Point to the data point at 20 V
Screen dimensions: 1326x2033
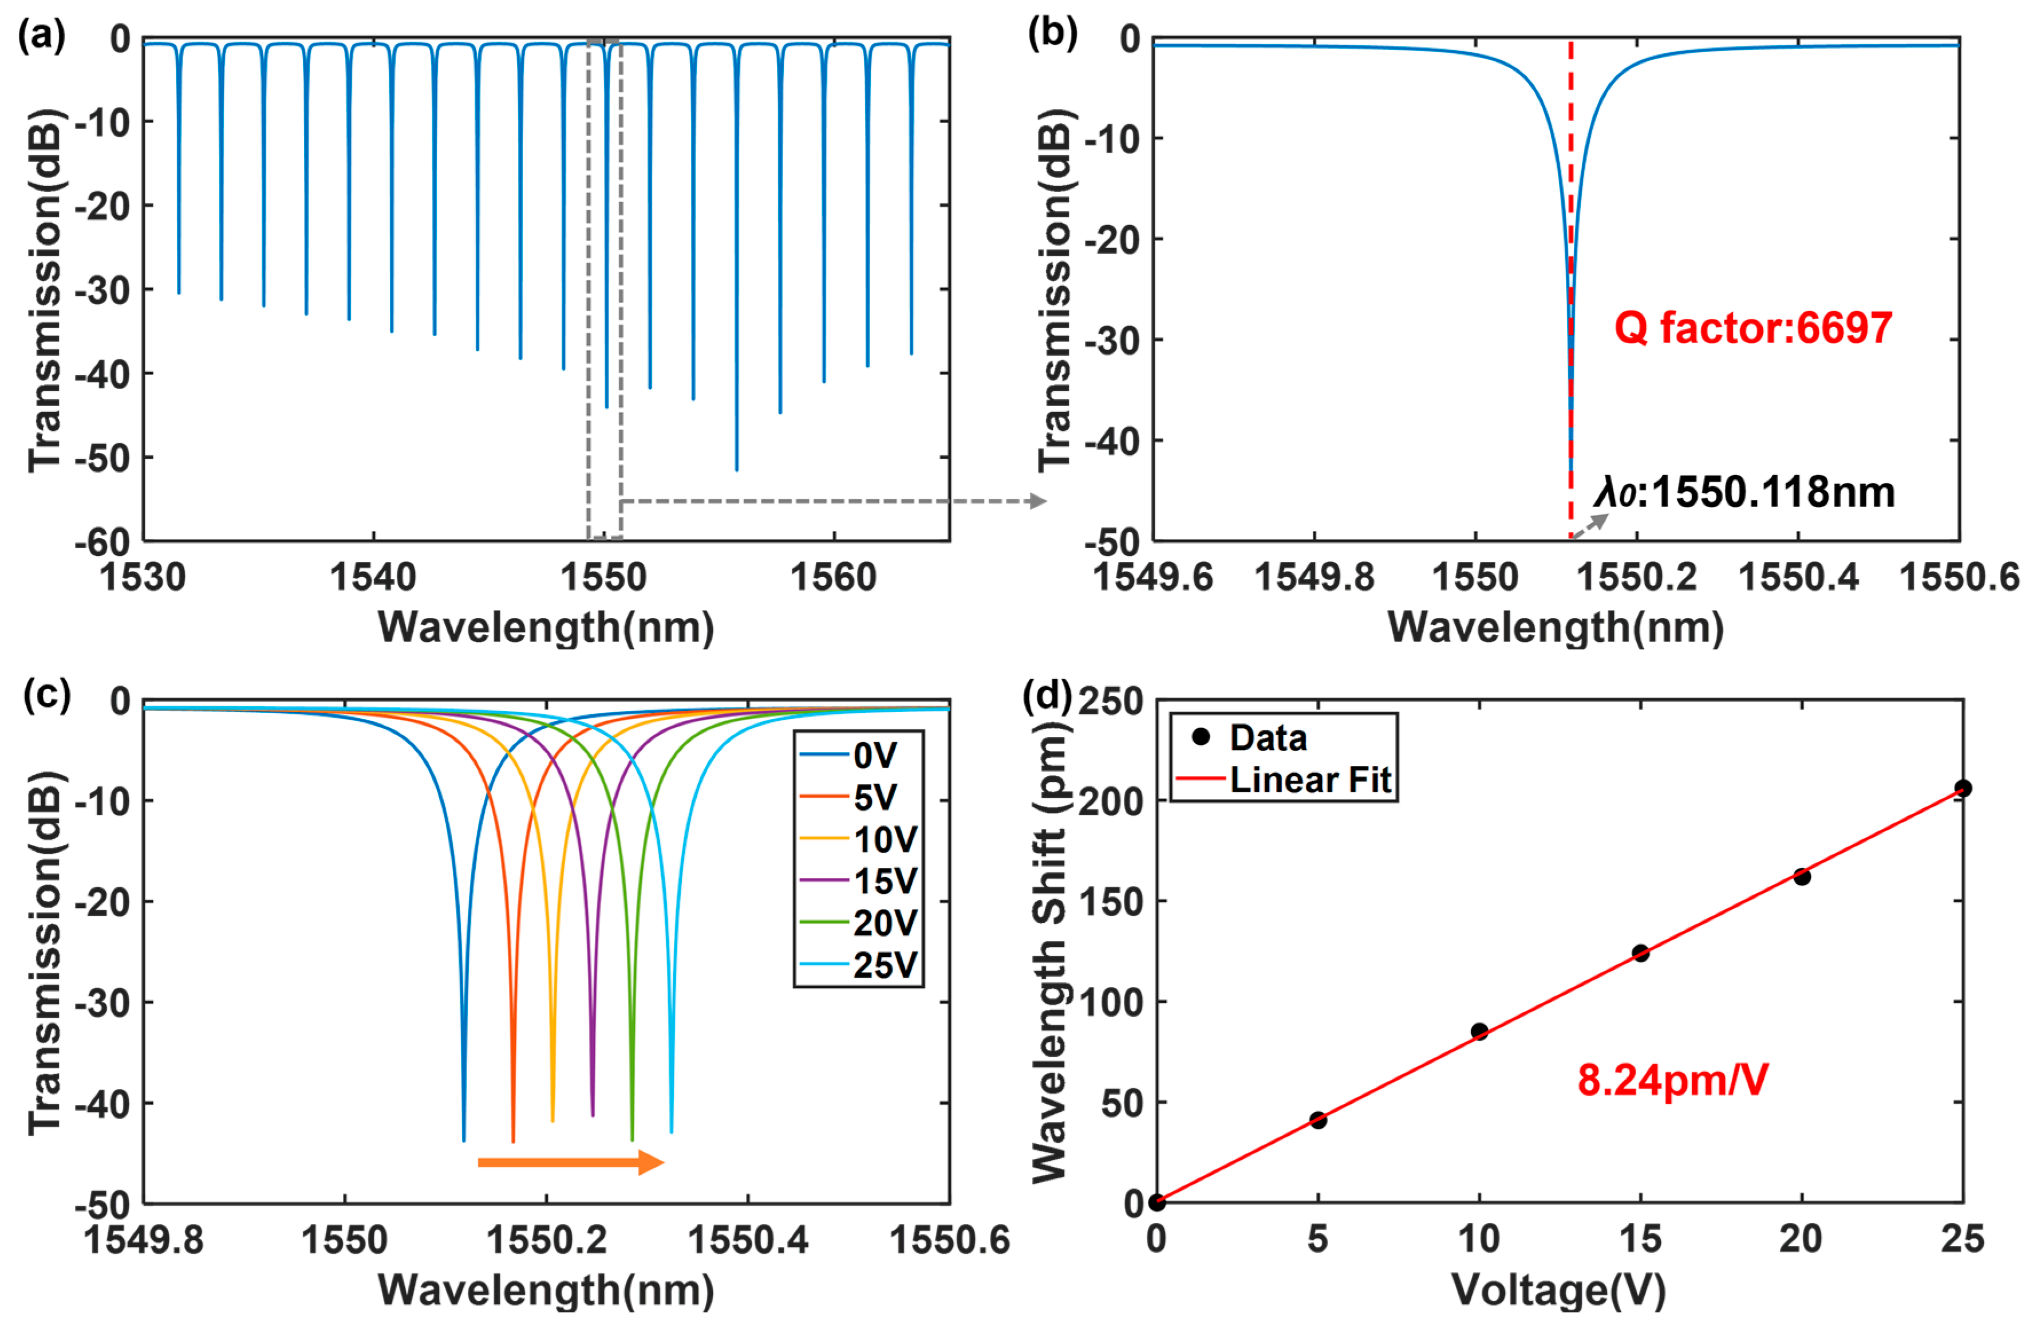point(1802,876)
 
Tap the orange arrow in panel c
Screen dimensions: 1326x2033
point(571,1162)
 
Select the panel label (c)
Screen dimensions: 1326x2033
point(45,694)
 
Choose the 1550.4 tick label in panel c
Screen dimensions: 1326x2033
point(748,1240)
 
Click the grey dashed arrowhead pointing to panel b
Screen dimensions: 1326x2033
point(1038,501)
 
